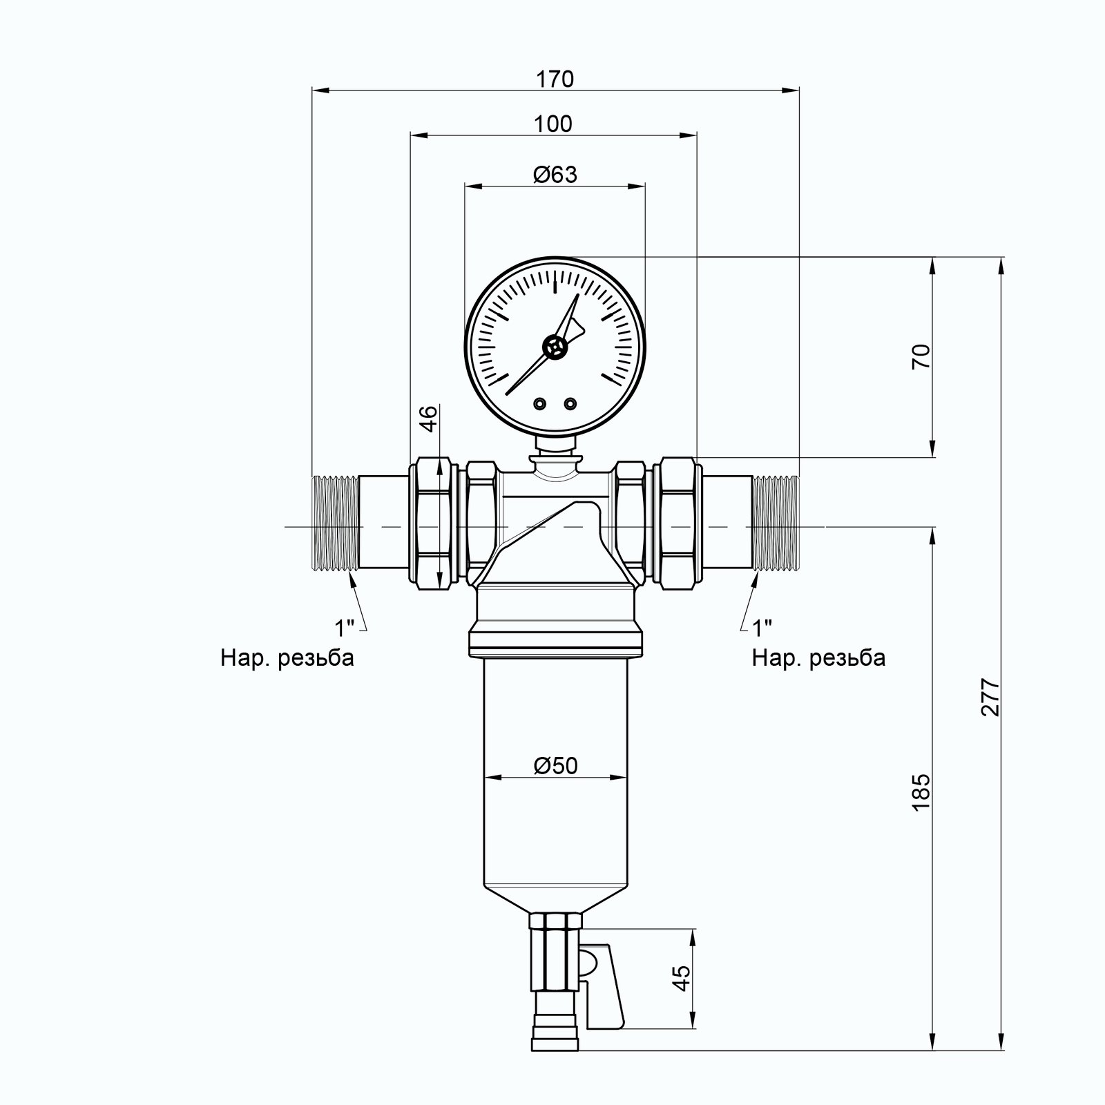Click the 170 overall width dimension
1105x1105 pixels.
pyautogui.click(x=555, y=79)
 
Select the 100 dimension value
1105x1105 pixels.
pyautogui.click(x=553, y=124)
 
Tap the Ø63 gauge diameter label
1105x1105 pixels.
pyautogui.click(x=555, y=174)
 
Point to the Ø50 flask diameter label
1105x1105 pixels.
pyautogui.click(x=555, y=766)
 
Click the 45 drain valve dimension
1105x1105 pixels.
pyautogui.click(x=682, y=978)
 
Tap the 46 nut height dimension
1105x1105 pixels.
pyautogui.click(x=429, y=419)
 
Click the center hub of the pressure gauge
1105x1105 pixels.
pyautogui.click(x=555, y=347)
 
